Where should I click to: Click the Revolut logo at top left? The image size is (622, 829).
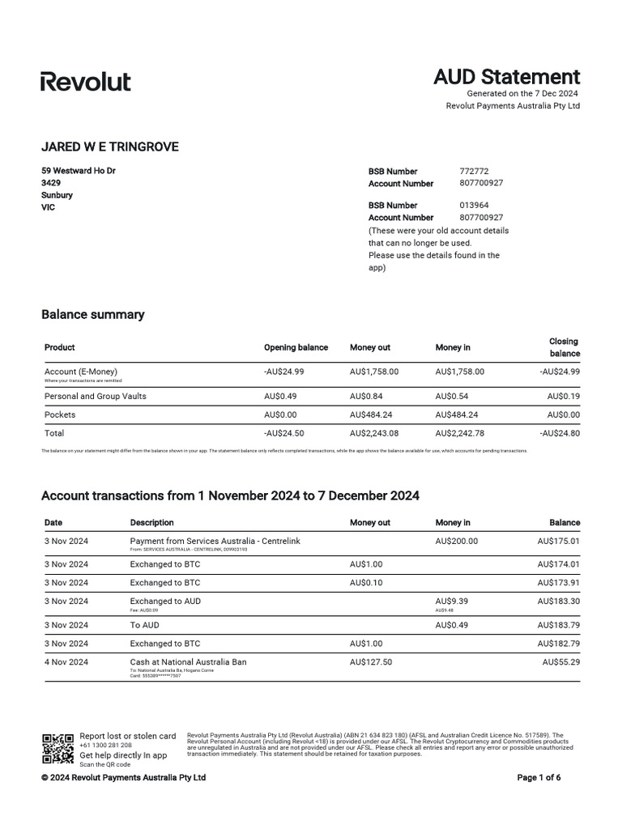pos(85,81)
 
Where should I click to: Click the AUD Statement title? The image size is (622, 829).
pos(506,77)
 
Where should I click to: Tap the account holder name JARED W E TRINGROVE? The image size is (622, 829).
pos(109,147)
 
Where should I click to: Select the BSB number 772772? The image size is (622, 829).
pos(474,172)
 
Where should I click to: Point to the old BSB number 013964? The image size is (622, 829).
pos(474,206)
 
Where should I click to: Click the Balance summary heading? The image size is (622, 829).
pos(92,314)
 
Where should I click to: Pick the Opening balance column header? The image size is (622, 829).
pos(296,347)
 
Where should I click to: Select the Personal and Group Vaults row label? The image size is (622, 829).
pos(95,396)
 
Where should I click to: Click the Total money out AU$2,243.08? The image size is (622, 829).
pos(374,433)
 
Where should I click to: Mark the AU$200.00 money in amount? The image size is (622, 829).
pos(457,541)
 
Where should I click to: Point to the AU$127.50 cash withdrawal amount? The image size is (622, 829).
pos(371,661)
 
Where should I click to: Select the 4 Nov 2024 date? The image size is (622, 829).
pos(66,661)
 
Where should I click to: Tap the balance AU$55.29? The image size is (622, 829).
pos(560,661)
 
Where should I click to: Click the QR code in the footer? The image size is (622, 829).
pos(58,748)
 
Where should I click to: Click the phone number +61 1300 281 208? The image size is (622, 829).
pos(105,745)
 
